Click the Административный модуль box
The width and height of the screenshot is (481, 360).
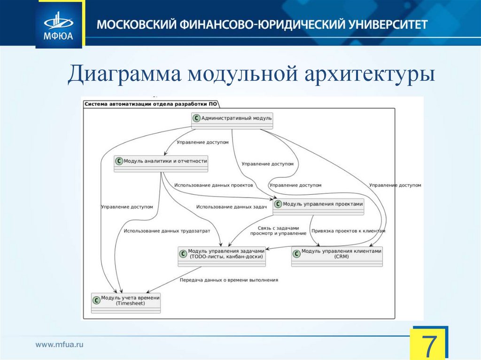(232, 120)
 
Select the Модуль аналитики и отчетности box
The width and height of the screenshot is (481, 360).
(161, 163)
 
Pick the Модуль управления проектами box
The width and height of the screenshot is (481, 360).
(318, 206)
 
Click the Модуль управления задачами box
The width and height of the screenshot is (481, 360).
(222, 256)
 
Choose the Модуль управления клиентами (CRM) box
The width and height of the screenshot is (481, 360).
(337, 256)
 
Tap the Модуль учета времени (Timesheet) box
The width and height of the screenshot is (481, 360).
(126, 303)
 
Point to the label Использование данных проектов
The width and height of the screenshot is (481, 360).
(213, 185)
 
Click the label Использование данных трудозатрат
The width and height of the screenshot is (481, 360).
(167, 231)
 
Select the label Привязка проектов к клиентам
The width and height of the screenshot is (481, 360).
(348, 231)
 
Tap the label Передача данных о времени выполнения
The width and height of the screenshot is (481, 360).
(229, 280)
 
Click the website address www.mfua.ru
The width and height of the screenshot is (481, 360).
(60, 345)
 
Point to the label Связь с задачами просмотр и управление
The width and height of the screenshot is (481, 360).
(274, 230)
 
